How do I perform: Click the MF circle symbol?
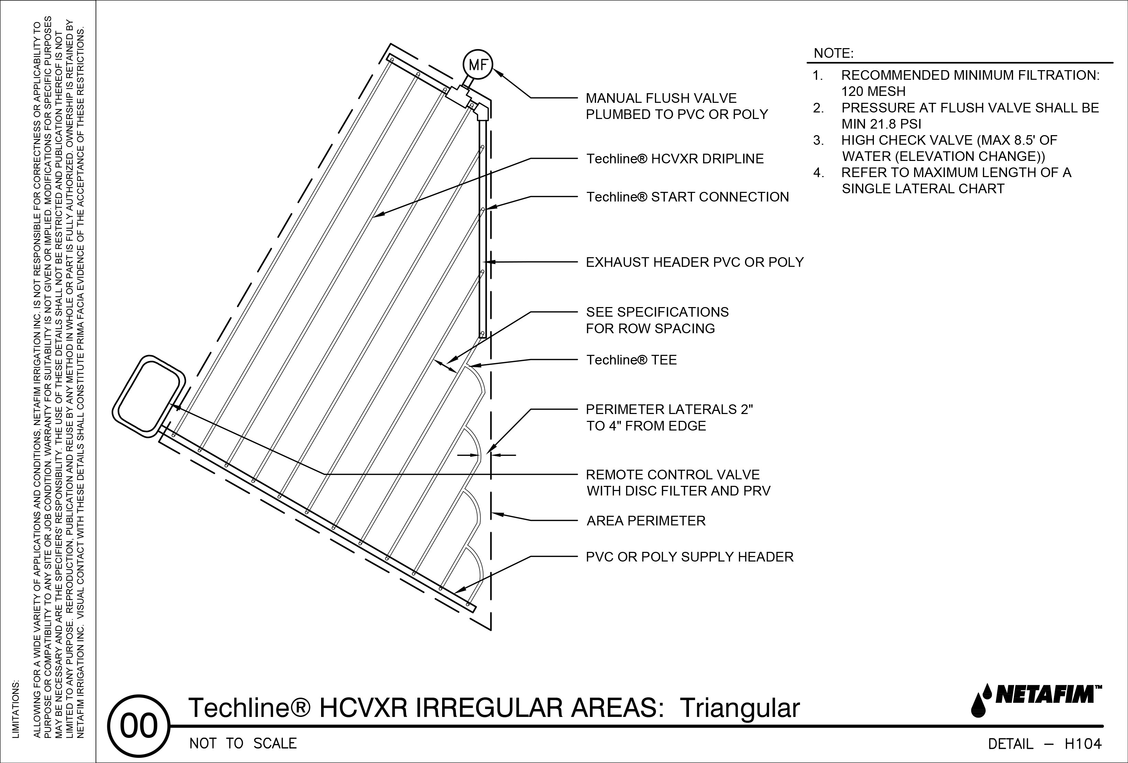point(478,65)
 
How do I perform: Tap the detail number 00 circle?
point(139,727)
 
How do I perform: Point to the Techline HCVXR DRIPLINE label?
point(675,159)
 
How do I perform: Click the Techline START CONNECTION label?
point(687,197)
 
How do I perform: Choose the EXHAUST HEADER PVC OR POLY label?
point(694,263)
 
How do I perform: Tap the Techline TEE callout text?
point(631,360)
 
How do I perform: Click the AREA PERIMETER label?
point(646,521)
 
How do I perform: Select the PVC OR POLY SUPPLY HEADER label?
point(689,557)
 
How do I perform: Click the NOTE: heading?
point(833,53)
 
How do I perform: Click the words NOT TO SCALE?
point(243,744)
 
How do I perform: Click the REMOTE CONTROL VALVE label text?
point(672,475)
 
